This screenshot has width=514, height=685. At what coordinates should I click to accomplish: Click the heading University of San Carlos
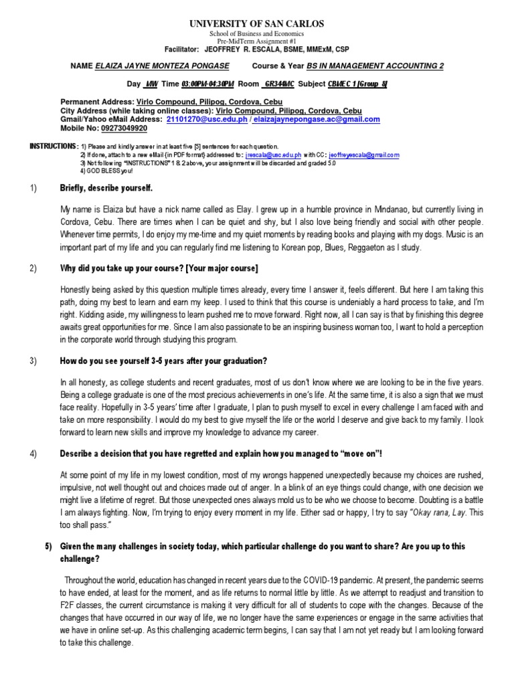click(x=256, y=23)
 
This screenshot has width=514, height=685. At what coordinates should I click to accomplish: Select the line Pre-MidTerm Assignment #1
click(x=256, y=41)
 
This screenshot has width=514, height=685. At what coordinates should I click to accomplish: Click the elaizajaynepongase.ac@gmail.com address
click(x=307, y=120)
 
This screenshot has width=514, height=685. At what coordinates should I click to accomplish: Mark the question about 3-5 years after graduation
click(x=163, y=361)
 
